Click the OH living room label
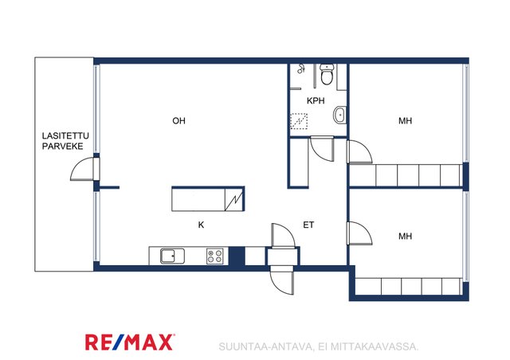click(178, 121)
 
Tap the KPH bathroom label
click(316, 101)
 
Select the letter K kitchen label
click(201, 225)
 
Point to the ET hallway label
click(308, 225)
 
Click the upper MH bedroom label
click(406, 121)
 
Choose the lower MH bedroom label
click(406, 236)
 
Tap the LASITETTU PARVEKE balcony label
click(65, 141)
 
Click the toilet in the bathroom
click(326, 75)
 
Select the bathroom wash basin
click(339, 115)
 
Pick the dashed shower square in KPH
click(299, 121)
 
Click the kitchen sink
click(172, 256)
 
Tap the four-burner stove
click(215, 256)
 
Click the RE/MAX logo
click(130, 342)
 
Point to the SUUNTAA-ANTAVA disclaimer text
click(319, 346)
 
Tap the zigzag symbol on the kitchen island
click(234, 202)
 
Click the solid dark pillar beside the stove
click(237, 256)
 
